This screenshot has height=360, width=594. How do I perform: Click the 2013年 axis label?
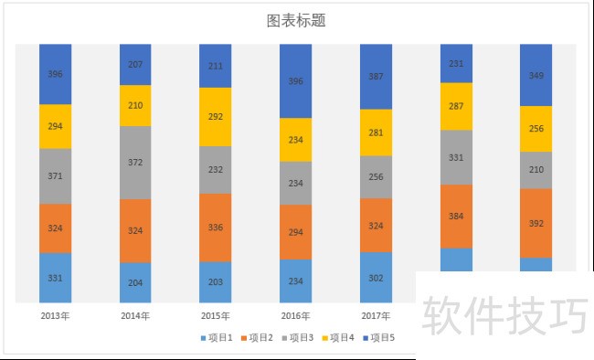coord(55,315)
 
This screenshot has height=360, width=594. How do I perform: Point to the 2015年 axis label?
coord(216,315)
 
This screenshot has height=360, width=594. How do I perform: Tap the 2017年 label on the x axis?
coord(376,315)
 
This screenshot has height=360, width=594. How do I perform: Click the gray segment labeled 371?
coord(55,175)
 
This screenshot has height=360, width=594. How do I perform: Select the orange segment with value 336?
coord(216,227)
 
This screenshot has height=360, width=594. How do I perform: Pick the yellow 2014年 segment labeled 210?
coord(135,105)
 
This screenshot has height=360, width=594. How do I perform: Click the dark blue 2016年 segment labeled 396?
coord(296,81)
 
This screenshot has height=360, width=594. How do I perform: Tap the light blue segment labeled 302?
coord(376,277)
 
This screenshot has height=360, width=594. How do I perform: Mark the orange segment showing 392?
coord(536,222)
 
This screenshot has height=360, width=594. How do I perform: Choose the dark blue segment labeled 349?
coord(536,75)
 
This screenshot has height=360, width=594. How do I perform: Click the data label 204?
coord(135,282)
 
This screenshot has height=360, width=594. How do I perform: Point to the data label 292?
coord(216,117)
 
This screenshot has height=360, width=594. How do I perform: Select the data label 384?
coord(456,217)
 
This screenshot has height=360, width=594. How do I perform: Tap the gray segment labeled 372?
coord(135,162)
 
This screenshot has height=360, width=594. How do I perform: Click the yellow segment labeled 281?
coord(376,132)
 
